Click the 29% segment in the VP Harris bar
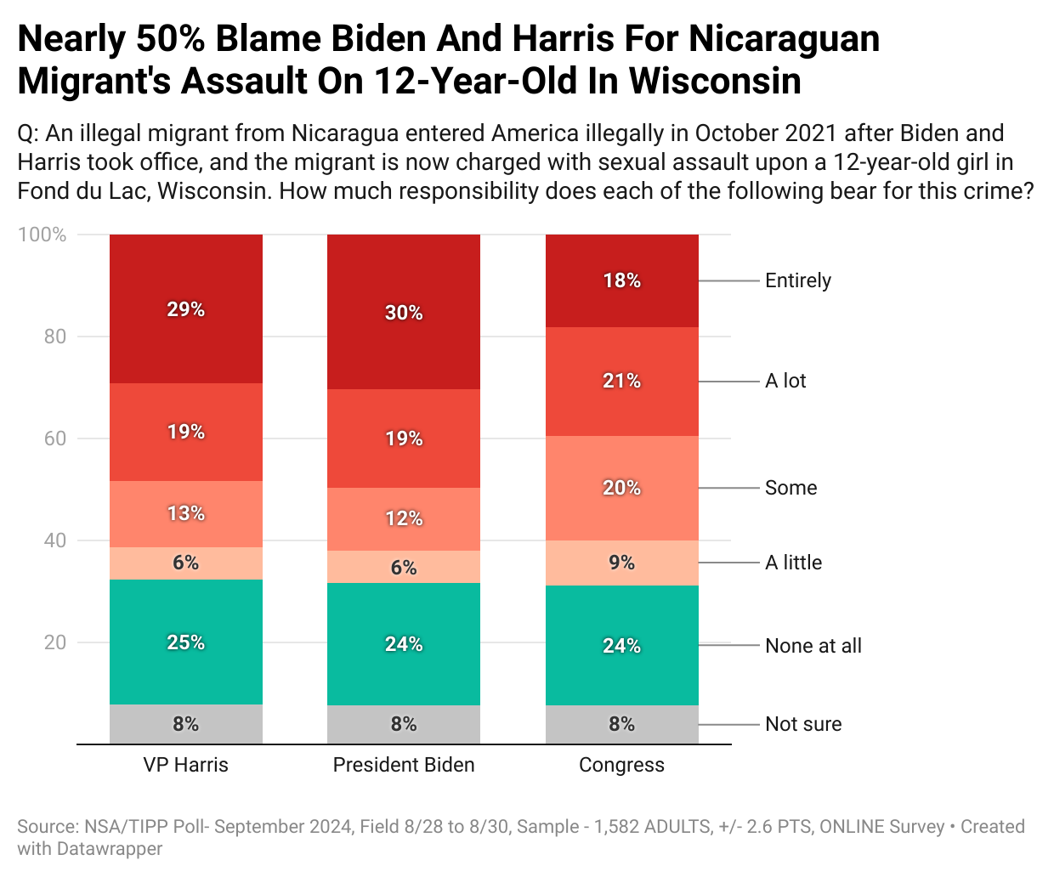click(x=185, y=309)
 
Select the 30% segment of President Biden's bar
click(x=404, y=313)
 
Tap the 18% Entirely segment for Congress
click(x=621, y=280)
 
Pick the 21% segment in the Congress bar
click(x=621, y=381)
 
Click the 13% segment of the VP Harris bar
click(x=185, y=513)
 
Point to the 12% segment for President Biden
click(x=404, y=518)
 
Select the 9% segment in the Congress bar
click(x=621, y=563)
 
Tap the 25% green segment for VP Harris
click(x=185, y=642)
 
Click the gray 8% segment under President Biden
click(x=404, y=724)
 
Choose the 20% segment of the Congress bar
click(x=621, y=488)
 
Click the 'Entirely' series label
click(x=797, y=280)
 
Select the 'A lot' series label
click(x=785, y=381)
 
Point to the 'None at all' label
click(x=813, y=646)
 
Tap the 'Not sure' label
click(x=803, y=724)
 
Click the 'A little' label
click(x=793, y=563)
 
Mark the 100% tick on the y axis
click(x=42, y=235)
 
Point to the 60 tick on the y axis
click(x=54, y=438)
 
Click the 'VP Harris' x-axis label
click(x=185, y=765)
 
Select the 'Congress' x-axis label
click(x=621, y=765)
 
